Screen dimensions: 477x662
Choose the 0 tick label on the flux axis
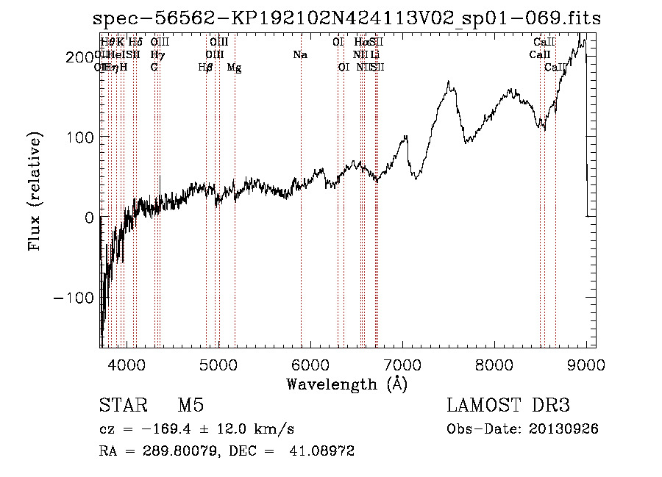point(89,218)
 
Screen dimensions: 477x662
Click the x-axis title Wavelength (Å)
point(346,383)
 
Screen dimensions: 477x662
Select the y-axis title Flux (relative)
point(35,191)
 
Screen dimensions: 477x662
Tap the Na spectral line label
point(300,55)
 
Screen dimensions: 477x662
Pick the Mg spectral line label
point(234,68)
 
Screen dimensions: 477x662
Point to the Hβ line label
point(206,68)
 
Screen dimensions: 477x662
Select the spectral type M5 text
point(191,406)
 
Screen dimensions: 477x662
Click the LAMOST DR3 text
point(508,406)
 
